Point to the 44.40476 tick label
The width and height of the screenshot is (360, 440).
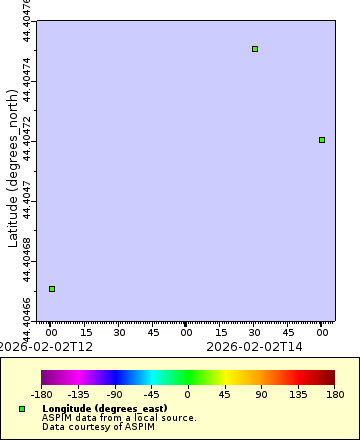pos(27,18)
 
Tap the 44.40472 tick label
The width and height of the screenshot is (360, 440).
pos(27,139)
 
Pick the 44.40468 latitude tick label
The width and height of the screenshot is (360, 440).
pos(27,260)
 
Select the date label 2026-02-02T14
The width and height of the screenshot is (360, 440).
pos(253,346)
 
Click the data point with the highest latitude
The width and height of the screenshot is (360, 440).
pos(255,48)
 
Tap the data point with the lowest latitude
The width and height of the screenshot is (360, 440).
pos(52,289)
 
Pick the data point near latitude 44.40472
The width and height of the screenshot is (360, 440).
pos(322,140)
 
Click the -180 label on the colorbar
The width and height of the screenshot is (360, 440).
pos(42,395)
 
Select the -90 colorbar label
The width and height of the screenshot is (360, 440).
pos(115,395)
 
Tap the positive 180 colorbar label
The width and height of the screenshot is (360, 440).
pos(335,395)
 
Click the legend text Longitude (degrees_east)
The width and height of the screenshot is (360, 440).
pos(104,409)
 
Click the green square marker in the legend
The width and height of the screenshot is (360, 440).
pos(22,409)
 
